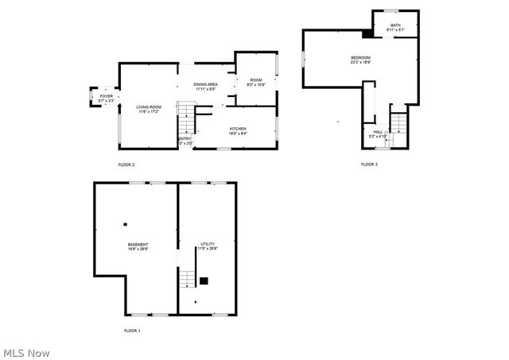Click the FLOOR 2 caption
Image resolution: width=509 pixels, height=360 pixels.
pos(126,165)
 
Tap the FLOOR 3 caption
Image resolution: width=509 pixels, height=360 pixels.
pos(369,165)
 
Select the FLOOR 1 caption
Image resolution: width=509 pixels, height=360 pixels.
pos(132,330)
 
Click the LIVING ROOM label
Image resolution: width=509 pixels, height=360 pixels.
pos(149,108)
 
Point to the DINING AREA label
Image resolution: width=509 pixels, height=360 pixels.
pos(205,85)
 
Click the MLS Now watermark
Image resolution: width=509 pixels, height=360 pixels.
pos(27,352)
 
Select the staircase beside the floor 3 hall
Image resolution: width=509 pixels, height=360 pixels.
pos(398,125)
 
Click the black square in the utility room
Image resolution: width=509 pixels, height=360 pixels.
pos(204,280)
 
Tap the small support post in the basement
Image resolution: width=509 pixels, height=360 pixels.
pos(125,224)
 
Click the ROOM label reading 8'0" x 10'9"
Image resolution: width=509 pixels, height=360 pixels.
pos(256,82)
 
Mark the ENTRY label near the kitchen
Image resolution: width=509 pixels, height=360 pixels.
pos(184,141)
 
